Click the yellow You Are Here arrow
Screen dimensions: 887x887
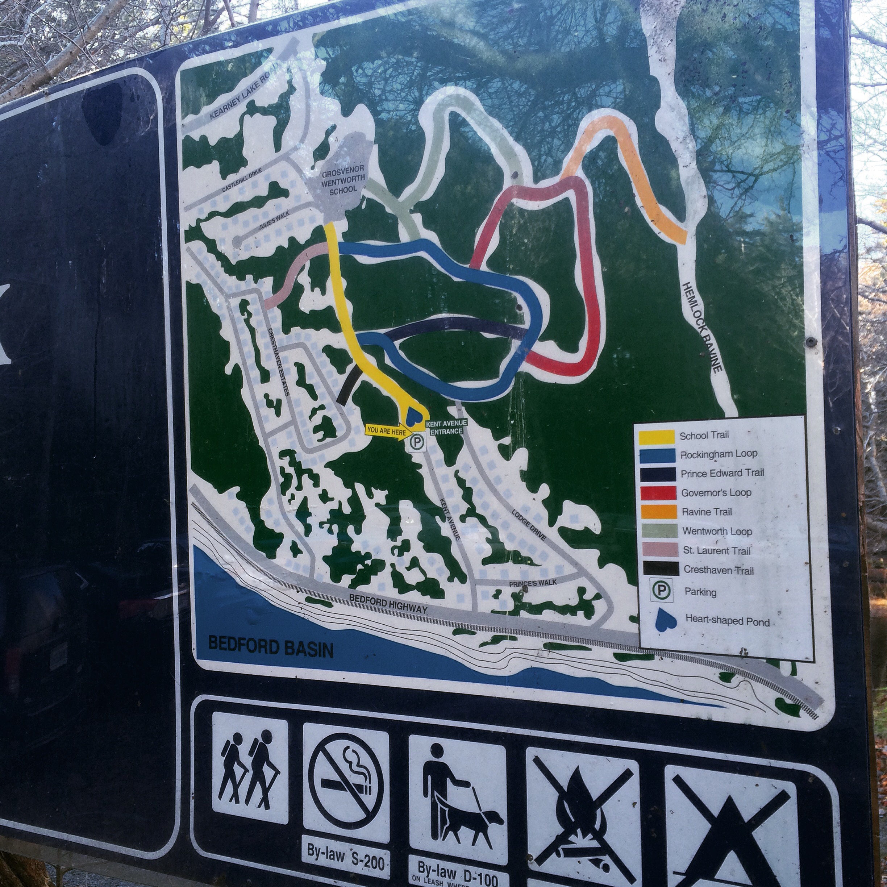click(387, 432)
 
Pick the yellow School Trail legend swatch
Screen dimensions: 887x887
click(657, 437)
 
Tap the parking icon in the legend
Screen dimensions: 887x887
click(662, 590)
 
